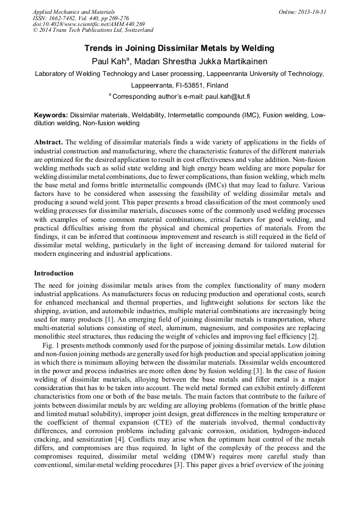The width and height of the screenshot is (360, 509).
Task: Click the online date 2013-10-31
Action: tap(312, 11)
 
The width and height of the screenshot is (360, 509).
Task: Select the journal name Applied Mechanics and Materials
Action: tap(74, 11)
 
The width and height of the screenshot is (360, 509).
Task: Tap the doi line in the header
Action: tap(88, 24)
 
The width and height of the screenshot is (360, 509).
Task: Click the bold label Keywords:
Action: tap(51, 115)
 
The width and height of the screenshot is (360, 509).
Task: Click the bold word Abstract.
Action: tap(48, 142)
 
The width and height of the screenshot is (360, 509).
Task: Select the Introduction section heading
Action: tap(54, 273)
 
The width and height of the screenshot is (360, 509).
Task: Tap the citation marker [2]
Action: tap(313, 337)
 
